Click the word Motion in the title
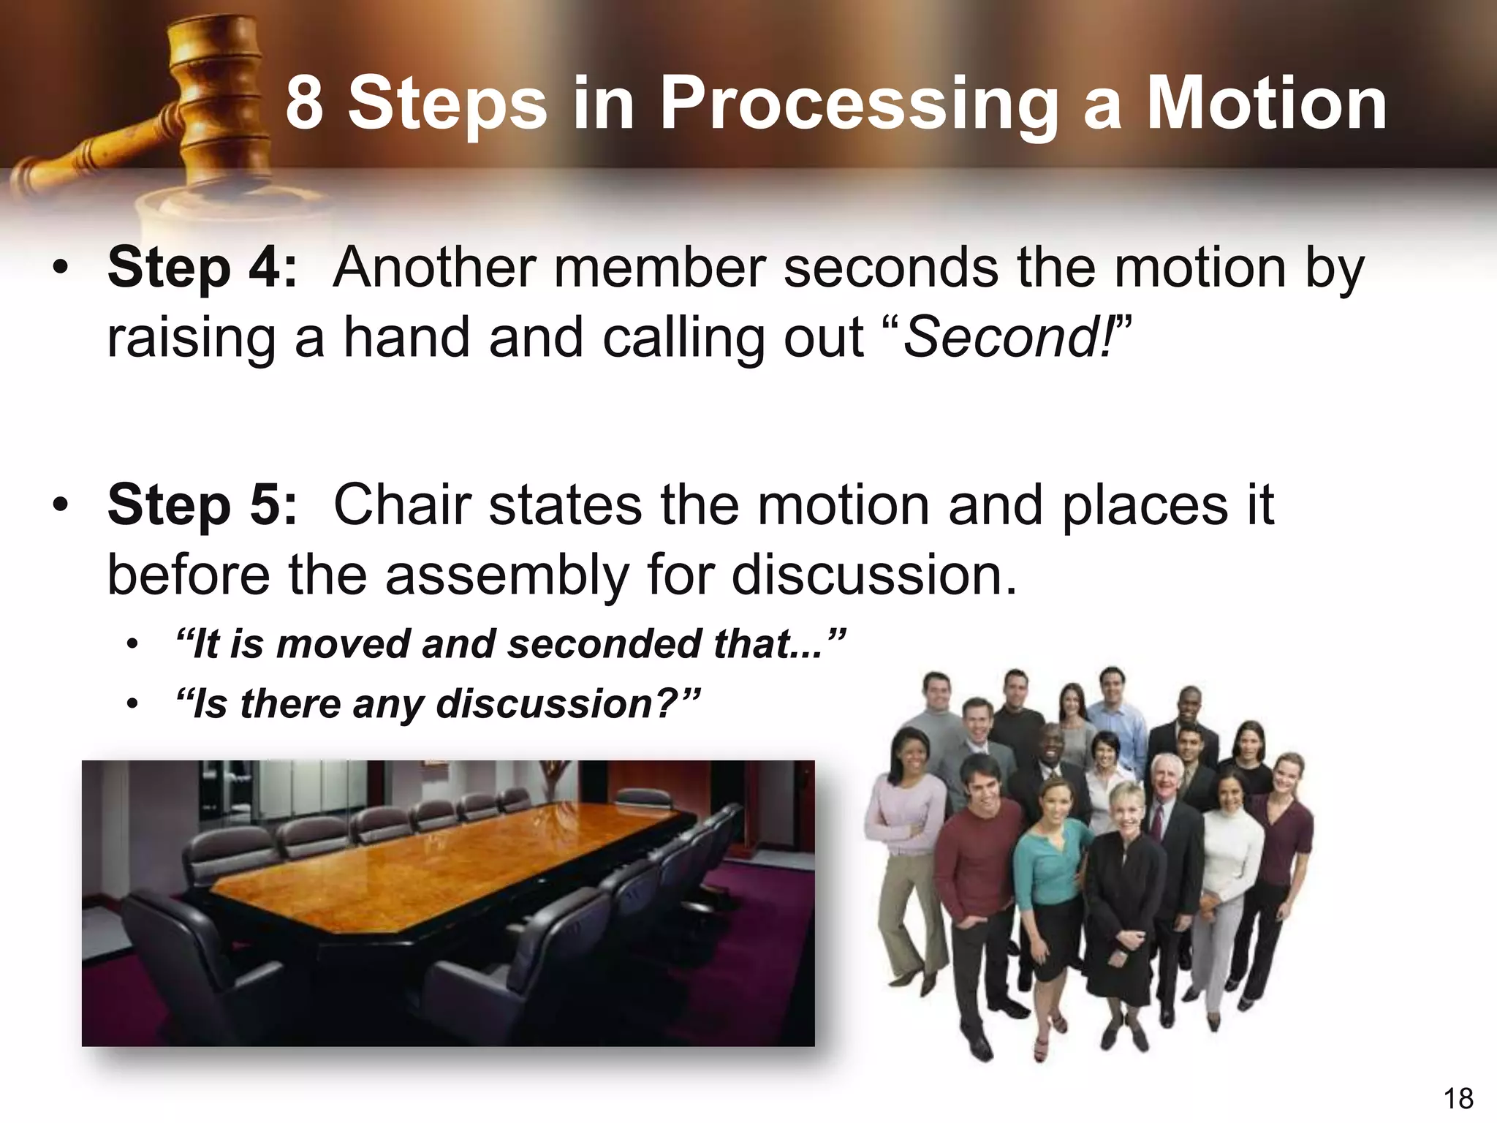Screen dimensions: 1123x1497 point(1265,104)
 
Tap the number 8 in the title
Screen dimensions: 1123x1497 point(304,104)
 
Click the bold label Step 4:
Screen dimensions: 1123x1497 point(202,268)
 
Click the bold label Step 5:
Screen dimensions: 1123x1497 point(202,505)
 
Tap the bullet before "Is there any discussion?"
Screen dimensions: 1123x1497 point(132,705)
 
